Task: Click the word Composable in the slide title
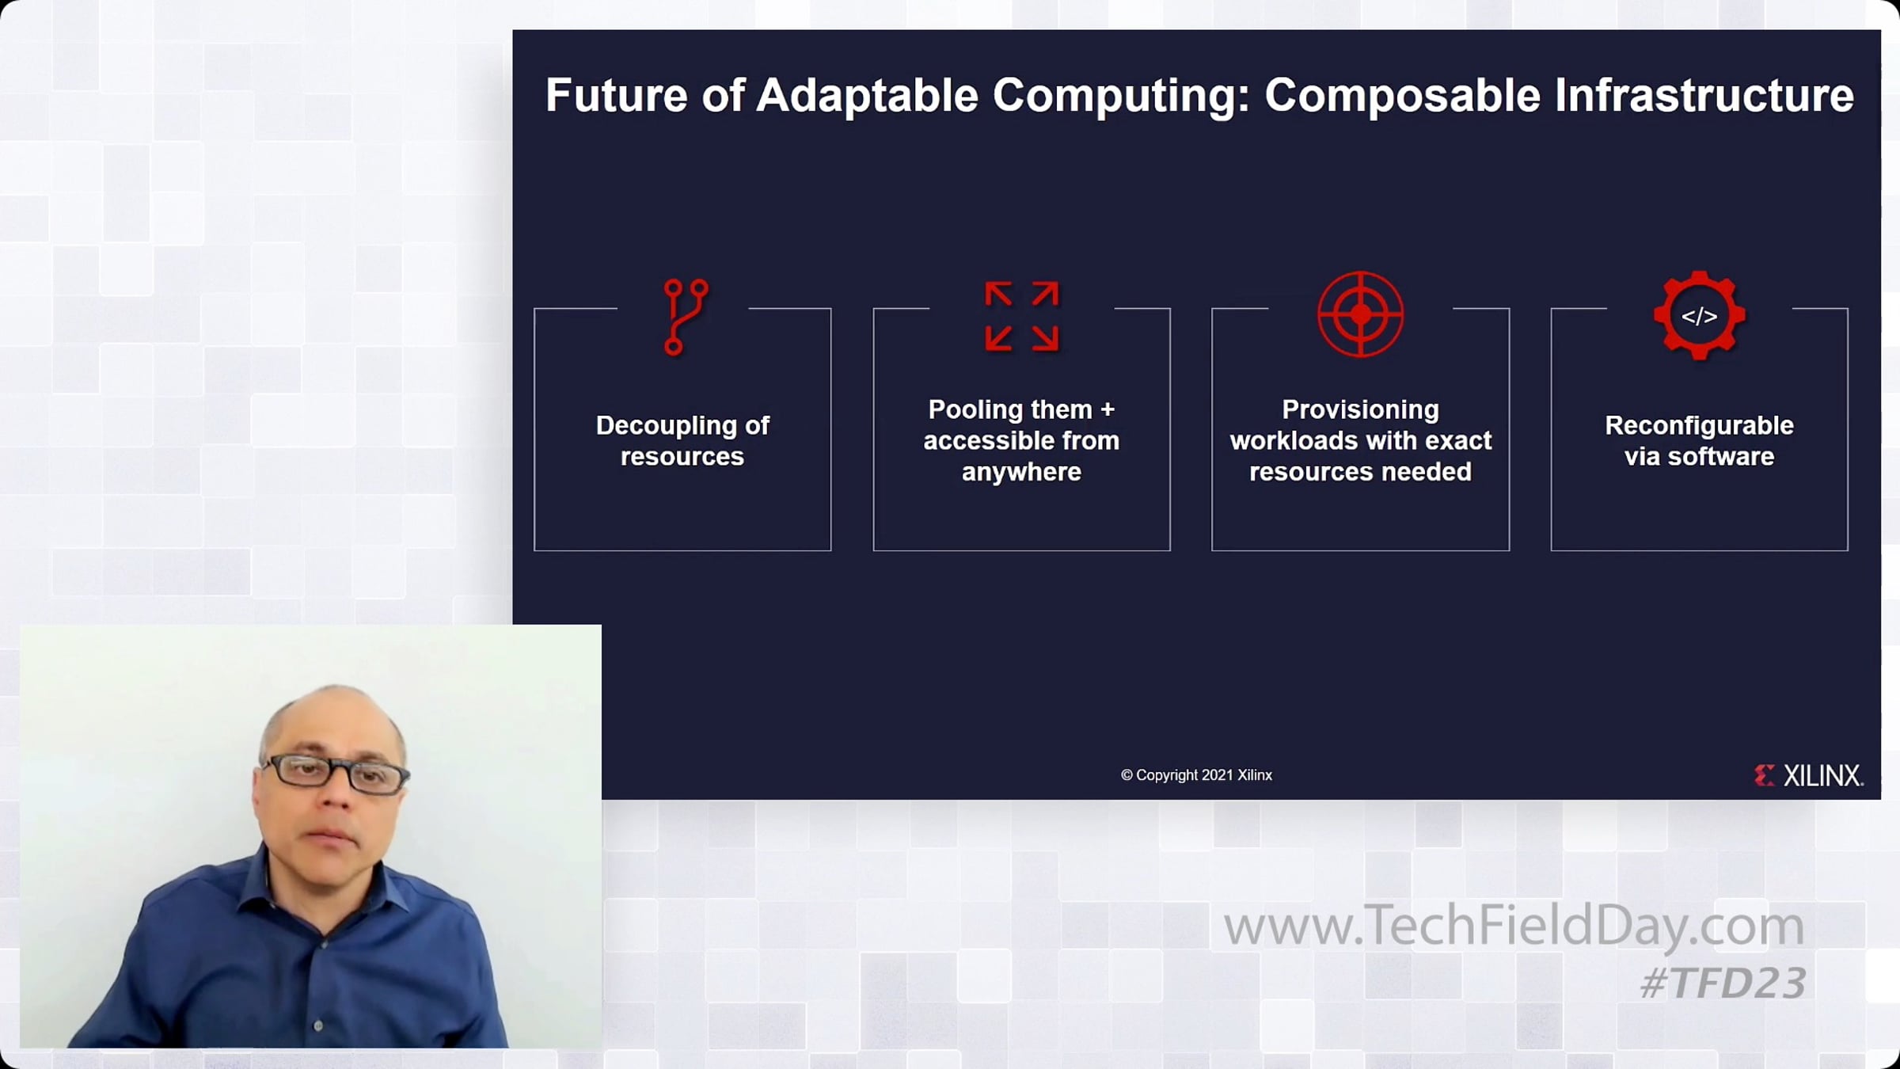point(1402,97)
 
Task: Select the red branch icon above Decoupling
point(686,317)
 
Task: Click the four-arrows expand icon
point(1021,316)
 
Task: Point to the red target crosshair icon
point(1360,314)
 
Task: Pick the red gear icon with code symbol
point(1699,315)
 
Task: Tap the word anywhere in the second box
point(1021,472)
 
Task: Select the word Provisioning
point(1360,410)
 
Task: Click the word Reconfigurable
point(1699,425)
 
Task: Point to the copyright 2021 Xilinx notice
point(1196,775)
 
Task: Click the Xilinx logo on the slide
point(1808,775)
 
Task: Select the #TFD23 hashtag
point(1723,983)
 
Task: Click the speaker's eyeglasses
point(335,774)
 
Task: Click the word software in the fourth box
point(1721,457)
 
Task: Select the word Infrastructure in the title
point(1704,95)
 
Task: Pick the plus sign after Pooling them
point(1108,410)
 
